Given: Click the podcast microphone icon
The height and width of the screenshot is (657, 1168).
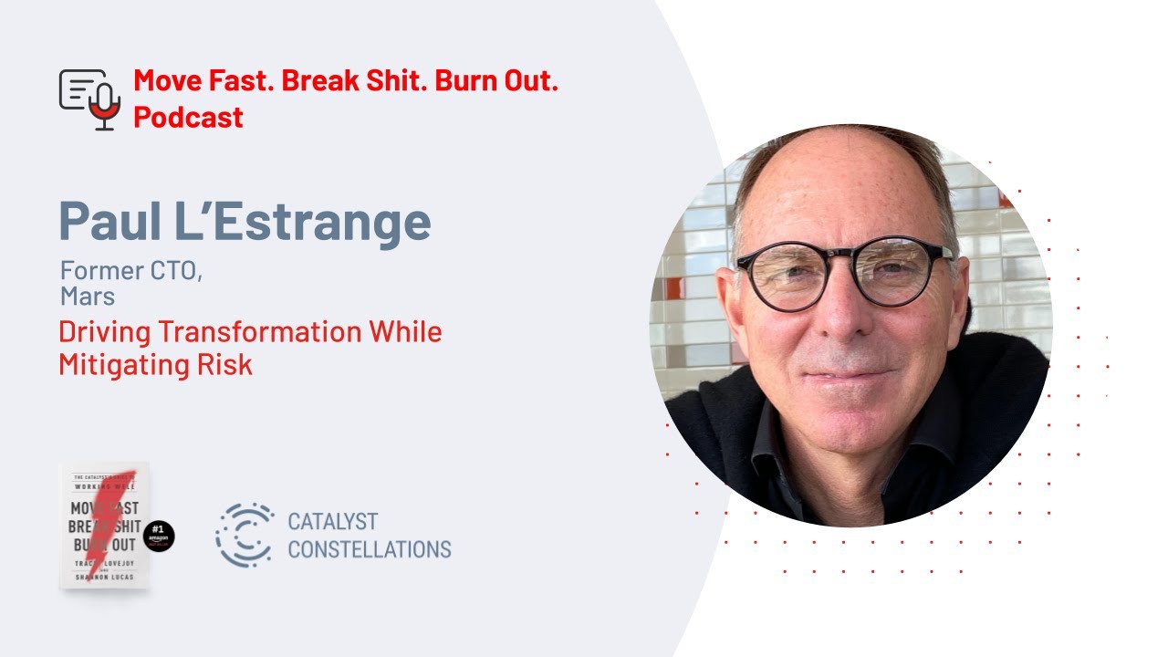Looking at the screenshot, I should (x=90, y=99).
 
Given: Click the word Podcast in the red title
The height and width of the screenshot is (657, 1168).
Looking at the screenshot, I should (x=188, y=117).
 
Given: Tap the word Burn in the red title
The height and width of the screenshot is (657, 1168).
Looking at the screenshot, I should (x=472, y=80).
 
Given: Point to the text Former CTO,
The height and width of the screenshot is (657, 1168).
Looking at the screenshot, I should (x=130, y=271).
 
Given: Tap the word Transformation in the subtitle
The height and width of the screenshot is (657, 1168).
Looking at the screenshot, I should (x=241, y=331).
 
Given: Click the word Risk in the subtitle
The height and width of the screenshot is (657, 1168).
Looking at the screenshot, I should (x=227, y=364).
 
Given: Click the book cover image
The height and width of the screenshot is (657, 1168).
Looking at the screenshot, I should (x=104, y=525).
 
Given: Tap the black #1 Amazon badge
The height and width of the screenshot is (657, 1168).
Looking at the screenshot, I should (x=159, y=537).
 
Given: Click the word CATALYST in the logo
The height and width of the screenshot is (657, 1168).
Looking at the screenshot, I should (x=332, y=522).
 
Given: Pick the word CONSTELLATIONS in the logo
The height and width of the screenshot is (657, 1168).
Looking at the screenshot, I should (x=369, y=549).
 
